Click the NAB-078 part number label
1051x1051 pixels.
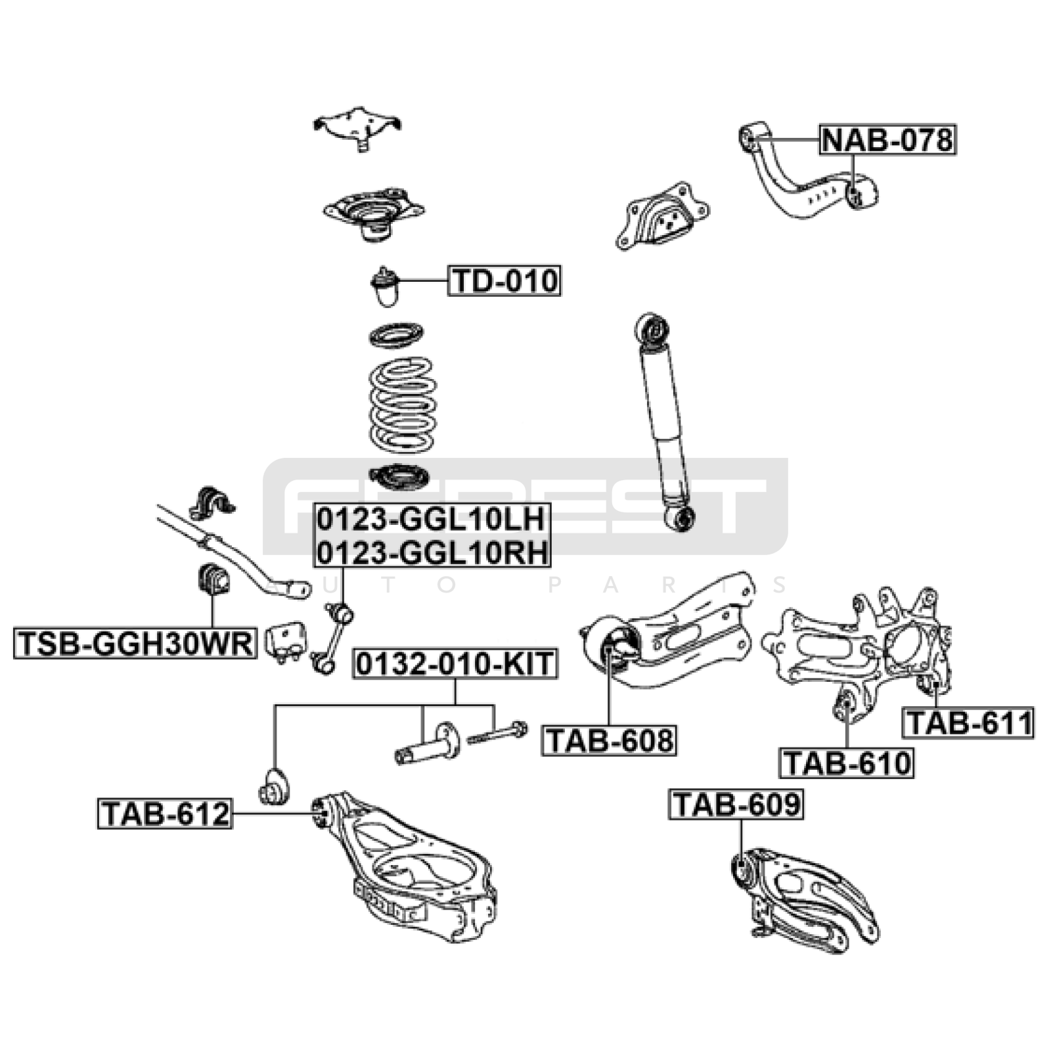coord(887,140)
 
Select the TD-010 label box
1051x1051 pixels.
coord(504,280)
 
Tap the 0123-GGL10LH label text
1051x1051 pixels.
coord(432,520)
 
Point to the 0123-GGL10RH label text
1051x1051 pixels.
coord(432,552)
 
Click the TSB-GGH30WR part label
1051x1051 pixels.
coord(135,643)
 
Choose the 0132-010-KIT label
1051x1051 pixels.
coord(455,664)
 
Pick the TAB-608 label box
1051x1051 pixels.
coord(609,740)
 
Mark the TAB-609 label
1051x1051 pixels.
coord(736,804)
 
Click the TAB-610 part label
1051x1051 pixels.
coord(847,763)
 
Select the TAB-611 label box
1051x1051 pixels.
coord(968,723)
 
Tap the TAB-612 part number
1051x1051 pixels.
coord(165,813)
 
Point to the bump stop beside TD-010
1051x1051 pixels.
coord(385,286)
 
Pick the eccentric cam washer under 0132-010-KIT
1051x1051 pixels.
coord(447,740)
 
